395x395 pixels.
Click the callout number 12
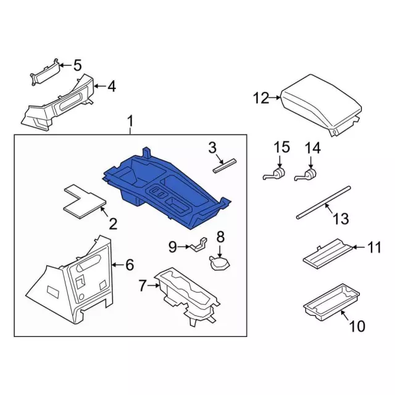pos(261,98)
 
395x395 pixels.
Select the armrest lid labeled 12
pos(321,104)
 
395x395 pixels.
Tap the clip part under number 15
pos(274,174)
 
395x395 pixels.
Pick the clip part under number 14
pos(306,175)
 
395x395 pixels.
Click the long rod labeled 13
pos(323,203)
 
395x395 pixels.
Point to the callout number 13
pos(341,218)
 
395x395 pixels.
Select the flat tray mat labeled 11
pos(328,254)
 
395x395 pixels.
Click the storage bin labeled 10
pos(331,302)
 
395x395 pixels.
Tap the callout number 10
pos(357,326)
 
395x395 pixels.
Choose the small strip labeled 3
pos(225,166)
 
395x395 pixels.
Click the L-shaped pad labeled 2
pos(85,202)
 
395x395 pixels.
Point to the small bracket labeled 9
pos(199,244)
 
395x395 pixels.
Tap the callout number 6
pos(130,265)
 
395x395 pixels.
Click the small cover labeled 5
pos(45,72)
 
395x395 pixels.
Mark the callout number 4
pos(112,86)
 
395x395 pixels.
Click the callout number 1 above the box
pos(130,121)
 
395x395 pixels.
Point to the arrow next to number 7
pos(154,285)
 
